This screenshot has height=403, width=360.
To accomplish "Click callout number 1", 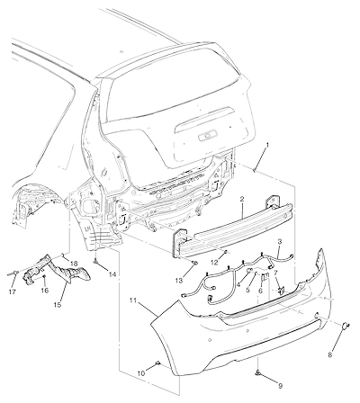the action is tap(267, 145).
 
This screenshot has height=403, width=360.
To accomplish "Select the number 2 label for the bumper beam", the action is tap(242, 199).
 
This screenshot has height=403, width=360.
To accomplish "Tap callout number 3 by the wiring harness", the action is tap(280, 241).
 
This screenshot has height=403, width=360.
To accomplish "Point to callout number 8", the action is tap(330, 355).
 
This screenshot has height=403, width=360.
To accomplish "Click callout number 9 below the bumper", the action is tap(281, 386).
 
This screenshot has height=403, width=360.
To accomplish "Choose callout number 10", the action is tap(141, 373).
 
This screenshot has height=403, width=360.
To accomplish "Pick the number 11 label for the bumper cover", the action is tap(134, 300).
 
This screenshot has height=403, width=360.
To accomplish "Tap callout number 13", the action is tap(179, 281).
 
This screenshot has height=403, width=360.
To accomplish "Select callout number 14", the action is tap(112, 273).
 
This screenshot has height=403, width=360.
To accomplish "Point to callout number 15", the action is tap(57, 305).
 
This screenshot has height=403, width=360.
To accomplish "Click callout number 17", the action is tap(13, 291).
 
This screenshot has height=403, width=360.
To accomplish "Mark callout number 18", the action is tap(74, 264).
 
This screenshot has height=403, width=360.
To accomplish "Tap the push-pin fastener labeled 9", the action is tap(257, 372).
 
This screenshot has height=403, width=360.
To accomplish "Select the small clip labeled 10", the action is tap(157, 363).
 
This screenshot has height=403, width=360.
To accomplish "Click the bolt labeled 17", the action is tap(13, 273).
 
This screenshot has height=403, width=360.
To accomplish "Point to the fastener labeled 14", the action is tap(95, 262).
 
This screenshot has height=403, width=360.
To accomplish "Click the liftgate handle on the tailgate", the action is tap(208, 137).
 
